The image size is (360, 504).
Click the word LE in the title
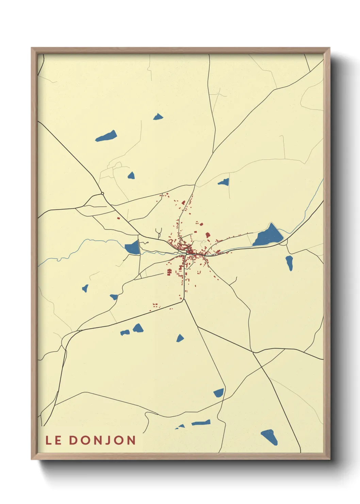coord(53,440)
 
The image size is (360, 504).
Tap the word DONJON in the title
coord(102,440)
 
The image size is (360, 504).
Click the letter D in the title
coord(73,440)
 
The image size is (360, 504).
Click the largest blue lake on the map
coord(268,236)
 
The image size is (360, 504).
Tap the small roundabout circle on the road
coord(102,194)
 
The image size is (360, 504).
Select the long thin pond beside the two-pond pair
coord(201,423)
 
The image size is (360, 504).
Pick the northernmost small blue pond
coord(158,117)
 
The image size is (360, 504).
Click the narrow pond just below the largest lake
coord(289,263)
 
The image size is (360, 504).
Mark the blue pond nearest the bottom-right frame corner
coord(269,437)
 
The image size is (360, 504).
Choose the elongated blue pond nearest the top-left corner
coord(107,136)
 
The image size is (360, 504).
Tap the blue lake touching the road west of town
coord(133,247)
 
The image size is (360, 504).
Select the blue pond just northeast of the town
coord(224,182)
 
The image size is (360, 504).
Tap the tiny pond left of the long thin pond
coord(180,426)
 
